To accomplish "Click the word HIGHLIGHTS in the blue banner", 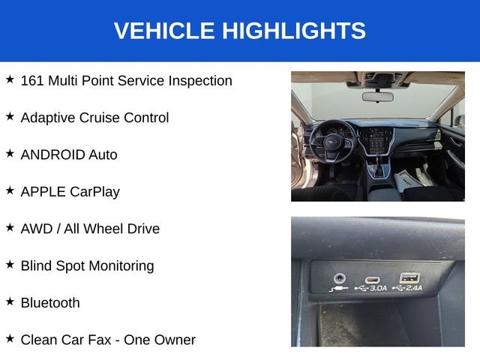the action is (294, 31).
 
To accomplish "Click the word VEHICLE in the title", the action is (164, 31).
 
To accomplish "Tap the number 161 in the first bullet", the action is (31, 81).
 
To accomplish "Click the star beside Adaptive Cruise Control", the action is (10, 116).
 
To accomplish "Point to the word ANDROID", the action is (52, 155).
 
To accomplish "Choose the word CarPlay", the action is (95, 193).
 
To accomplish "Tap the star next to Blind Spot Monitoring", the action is (10, 265).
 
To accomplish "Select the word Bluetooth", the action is (50, 303).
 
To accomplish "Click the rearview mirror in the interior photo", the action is (377, 97).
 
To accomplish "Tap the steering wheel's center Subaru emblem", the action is (332, 142).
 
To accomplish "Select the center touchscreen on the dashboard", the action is (376, 141).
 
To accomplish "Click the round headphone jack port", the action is (340, 278).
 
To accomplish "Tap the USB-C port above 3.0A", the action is (372, 280).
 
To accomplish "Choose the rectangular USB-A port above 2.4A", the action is (409, 277).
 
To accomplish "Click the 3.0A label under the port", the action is (378, 288).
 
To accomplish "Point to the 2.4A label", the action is (414, 288).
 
